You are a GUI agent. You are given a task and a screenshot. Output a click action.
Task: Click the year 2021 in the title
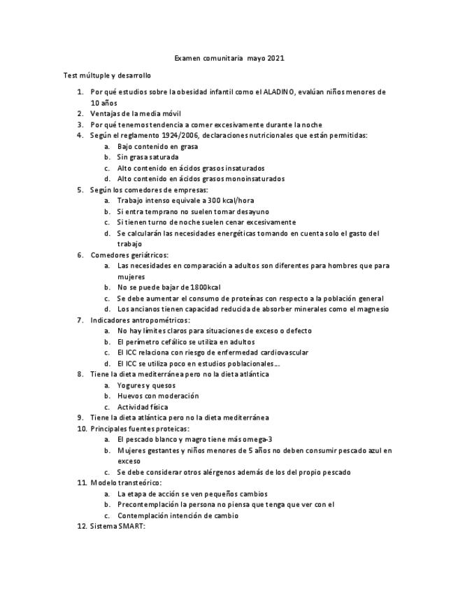[275, 59]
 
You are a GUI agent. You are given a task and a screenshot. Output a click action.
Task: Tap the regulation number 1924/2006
[178, 136]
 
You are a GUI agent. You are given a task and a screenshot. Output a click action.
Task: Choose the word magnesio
[371, 309]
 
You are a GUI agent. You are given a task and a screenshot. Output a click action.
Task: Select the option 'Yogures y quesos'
[146, 385]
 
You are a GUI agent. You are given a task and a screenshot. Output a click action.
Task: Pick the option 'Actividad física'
[143, 407]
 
